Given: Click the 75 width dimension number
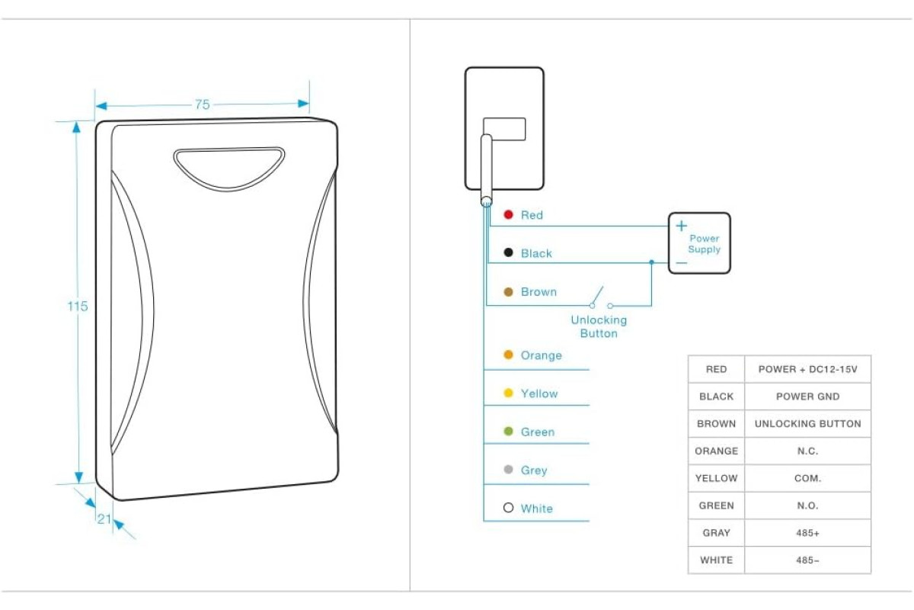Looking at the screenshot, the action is [203, 104].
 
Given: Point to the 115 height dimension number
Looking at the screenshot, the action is [78, 306].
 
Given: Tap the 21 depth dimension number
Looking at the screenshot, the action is [104, 519].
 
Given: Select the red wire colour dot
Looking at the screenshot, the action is [509, 214].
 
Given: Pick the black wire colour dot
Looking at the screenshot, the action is [509, 252].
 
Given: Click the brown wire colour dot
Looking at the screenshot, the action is [509, 292].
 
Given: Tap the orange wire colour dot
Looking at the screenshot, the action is [509, 355].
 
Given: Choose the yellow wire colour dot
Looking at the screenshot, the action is [509, 393].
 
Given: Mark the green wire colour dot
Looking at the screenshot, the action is [509, 431].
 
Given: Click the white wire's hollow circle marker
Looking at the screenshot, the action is [509, 508].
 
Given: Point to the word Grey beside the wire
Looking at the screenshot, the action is [534, 470].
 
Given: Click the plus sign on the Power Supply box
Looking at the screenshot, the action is [682, 226].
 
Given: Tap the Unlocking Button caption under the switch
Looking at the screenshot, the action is [599, 326].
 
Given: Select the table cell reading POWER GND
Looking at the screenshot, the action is [808, 396].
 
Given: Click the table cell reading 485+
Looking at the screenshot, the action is [808, 533].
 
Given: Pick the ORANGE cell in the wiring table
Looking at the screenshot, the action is [717, 451].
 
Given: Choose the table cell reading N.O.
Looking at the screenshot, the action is [808, 506].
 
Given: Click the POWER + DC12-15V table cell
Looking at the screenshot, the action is [808, 369].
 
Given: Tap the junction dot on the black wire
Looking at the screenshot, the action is [652, 262].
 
